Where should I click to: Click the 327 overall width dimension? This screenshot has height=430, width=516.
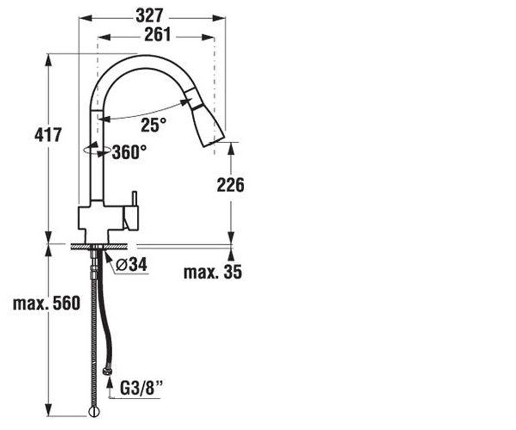click(x=150, y=15)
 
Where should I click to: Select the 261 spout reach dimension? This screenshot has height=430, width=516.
click(x=157, y=34)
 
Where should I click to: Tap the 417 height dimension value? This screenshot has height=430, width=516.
click(x=48, y=135)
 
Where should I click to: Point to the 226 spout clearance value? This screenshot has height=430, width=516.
click(x=230, y=184)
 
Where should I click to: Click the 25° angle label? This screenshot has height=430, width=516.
click(x=154, y=125)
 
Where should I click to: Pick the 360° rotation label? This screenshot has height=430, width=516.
click(x=129, y=152)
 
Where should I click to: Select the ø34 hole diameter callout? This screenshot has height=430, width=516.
click(x=131, y=264)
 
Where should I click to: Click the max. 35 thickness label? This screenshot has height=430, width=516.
click(x=213, y=272)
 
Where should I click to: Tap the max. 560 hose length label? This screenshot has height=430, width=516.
click(x=46, y=303)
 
